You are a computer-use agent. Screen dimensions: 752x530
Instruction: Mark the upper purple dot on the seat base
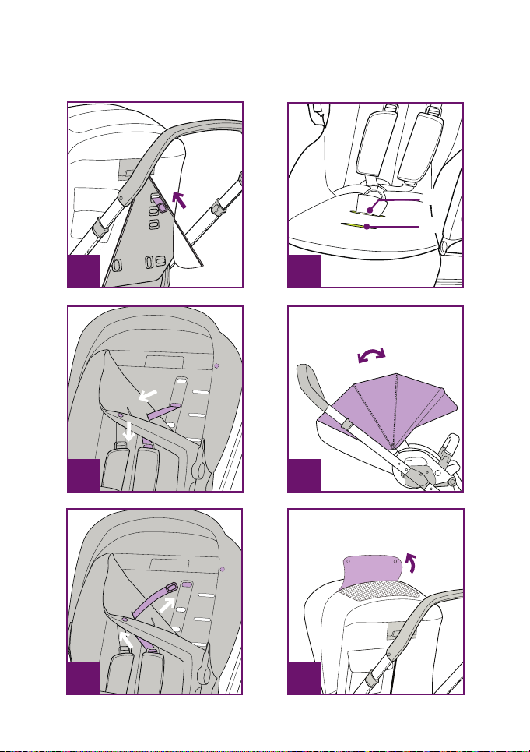370,208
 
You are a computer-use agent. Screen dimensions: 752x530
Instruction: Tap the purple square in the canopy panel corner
304,475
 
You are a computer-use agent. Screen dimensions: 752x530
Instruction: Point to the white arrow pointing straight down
131,432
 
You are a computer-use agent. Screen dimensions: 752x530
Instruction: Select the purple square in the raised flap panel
304,678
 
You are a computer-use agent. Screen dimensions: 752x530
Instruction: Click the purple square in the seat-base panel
304,271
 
